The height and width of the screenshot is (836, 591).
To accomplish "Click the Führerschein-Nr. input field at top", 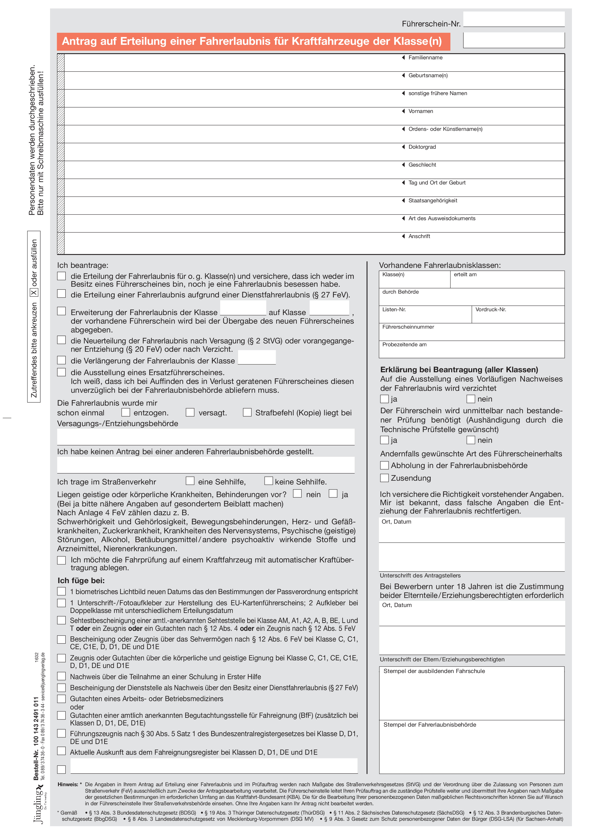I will (514, 19).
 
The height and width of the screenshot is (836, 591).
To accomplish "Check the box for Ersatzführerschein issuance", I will (61, 372).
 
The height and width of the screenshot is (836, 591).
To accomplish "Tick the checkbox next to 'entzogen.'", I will (126, 412).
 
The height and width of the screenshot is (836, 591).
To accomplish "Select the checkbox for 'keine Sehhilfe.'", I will (269, 481).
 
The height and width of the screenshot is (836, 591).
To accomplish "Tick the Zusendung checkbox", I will (384, 478).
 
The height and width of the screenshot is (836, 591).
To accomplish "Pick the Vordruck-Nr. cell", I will (518, 314).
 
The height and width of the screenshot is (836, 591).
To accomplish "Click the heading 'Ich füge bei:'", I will (81, 580).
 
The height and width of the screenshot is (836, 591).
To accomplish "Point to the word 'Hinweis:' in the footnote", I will (68, 784).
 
